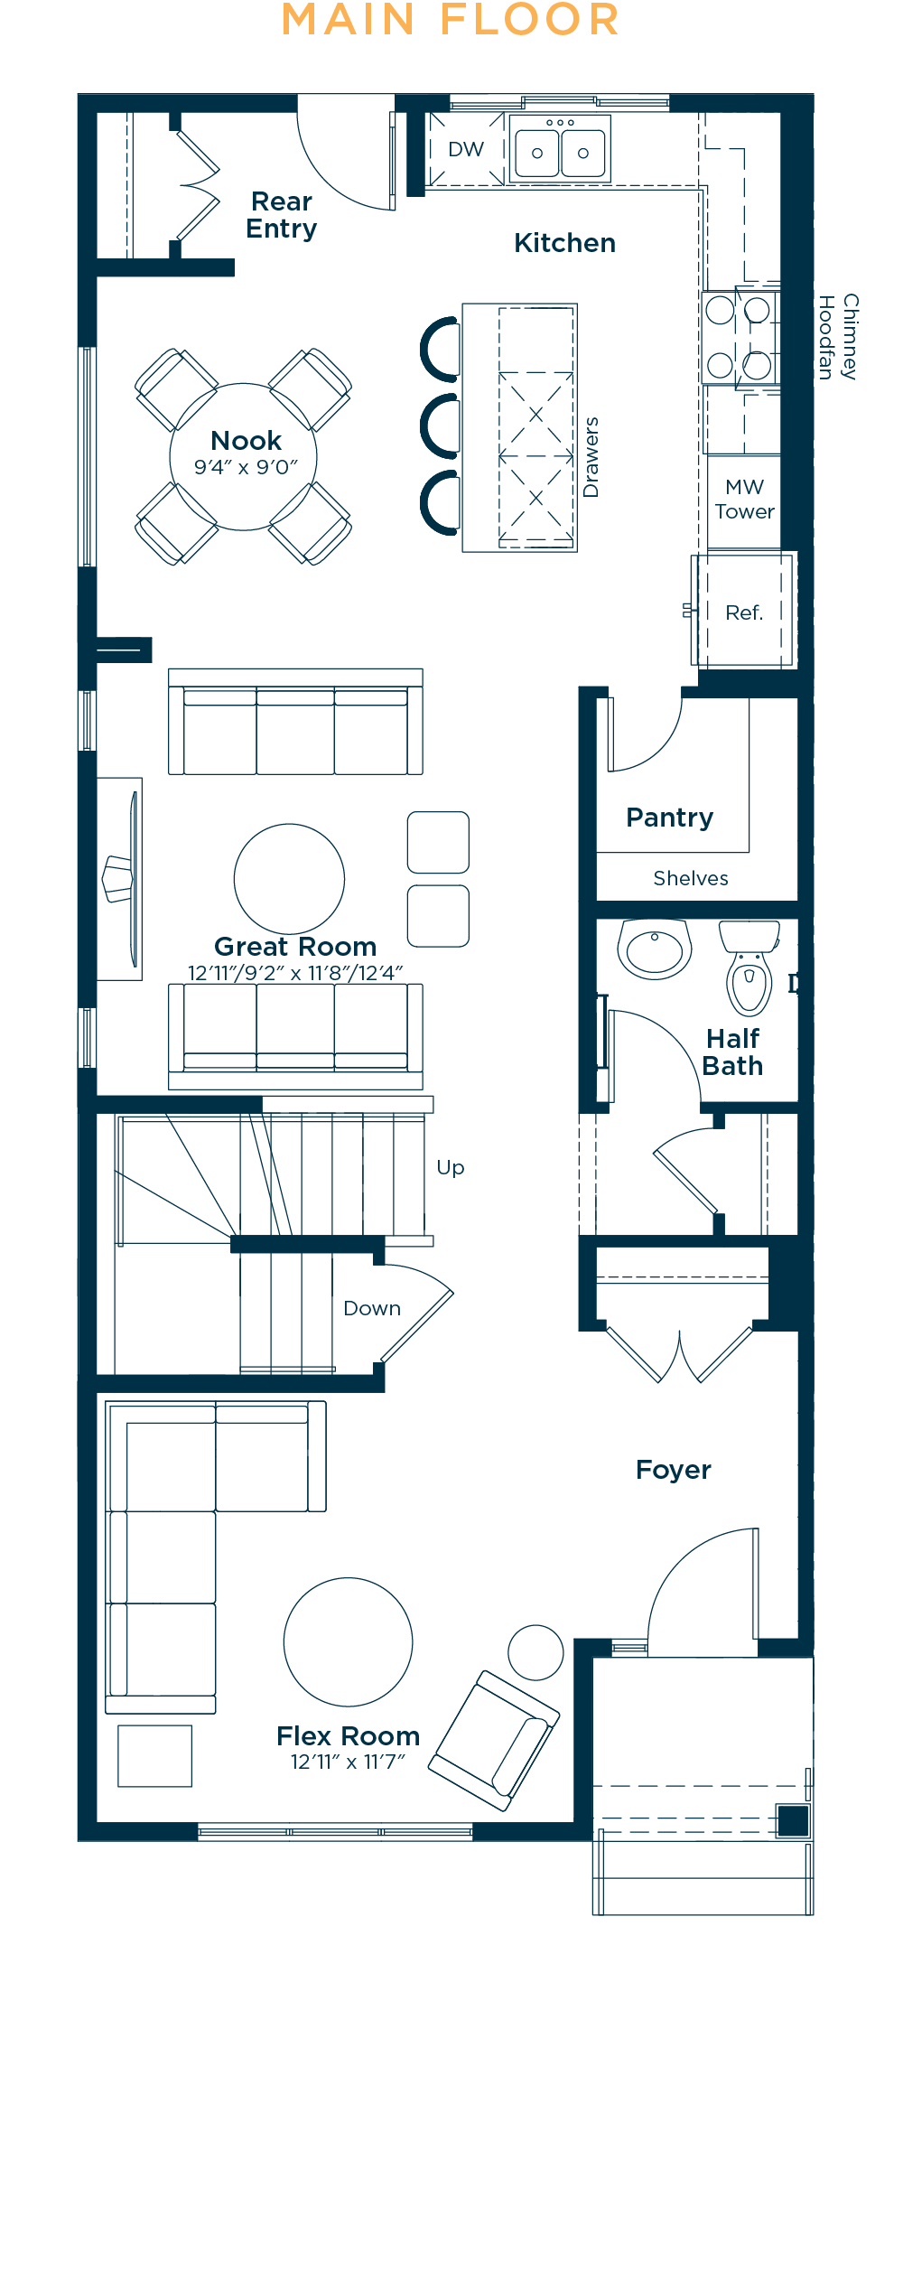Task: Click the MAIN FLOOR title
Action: (x=451, y=20)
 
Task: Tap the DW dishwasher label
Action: (x=466, y=149)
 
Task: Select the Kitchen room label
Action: (x=564, y=243)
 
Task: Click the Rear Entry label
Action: (x=282, y=215)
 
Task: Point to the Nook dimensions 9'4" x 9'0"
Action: (x=246, y=467)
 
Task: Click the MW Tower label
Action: (x=744, y=500)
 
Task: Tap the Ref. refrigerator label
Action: (x=744, y=612)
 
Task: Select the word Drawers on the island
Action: (x=591, y=457)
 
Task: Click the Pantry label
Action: (x=669, y=818)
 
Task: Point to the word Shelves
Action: (x=691, y=878)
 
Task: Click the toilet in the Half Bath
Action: (x=749, y=967)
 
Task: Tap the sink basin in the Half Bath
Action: (x=655, y=949)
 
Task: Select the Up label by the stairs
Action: (x=451, y=1168)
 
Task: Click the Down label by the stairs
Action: (x=372, y=1308)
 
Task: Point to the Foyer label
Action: (x=673, y=1471)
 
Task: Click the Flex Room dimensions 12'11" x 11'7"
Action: (x=348, y=1762)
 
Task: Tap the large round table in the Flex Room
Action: (x=348, y=1641)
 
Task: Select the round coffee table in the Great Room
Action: (x=289, y=878)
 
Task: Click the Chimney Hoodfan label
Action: (x=837, y=337)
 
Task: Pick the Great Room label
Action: (x=295, y=946)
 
